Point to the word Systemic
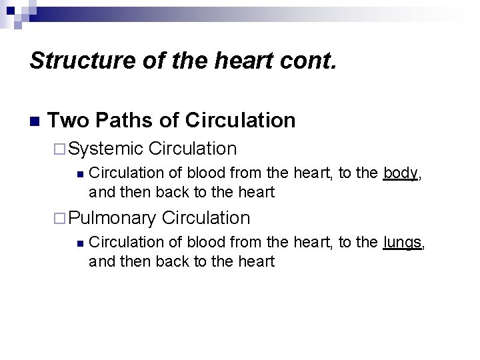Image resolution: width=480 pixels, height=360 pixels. click(106, 149)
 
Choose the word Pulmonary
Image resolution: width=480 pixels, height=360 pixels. click(112, 218)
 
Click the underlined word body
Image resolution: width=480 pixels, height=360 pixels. click(401, 173)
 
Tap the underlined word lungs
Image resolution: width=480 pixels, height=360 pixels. click(403, 243)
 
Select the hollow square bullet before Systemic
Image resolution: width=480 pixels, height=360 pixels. click(60, 149)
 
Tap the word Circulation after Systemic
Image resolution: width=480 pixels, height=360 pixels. click(193, 149)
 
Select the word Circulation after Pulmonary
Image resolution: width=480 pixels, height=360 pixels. click(205, 218)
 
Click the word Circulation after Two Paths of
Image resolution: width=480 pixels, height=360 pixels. click(241, 120)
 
